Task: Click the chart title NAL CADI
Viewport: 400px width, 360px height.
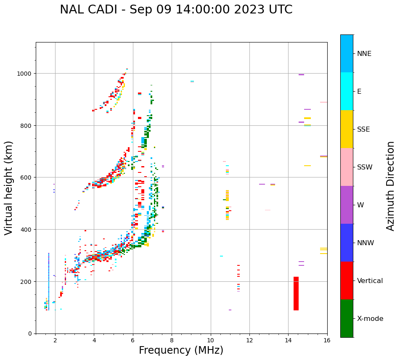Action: pyautogui.click(x=176, y=10)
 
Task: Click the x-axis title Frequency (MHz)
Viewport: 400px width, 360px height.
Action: pyautogui.click(x=181, y=350)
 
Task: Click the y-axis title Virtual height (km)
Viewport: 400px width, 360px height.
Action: pyautogui.click(x=9, y=188)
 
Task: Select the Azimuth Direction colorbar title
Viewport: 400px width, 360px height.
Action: pyautogui.click(x=391, y=186)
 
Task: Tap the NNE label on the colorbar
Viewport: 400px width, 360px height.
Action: pyautogui.click(x=364, y=53)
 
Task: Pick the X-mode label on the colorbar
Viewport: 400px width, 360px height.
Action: pyautogui.click(x=370, y=319)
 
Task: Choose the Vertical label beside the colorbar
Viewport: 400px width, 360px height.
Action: pyautogui.click(x=370, y=281)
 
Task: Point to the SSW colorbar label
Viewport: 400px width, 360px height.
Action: pyautogui.click(x=365, y=167)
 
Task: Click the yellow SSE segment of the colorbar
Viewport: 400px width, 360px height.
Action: pyautogui.click(x=347, y=129)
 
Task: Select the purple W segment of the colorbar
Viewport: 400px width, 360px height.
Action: pyautogui.click(x=347, y=205)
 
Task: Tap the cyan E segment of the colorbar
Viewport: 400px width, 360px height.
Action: pyautogui.click(x=347, y=91)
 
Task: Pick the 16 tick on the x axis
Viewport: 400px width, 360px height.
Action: pyautogui.click(x=327, y=341)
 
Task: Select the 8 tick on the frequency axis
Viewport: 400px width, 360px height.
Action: pyautogui.click(x=172, y=341)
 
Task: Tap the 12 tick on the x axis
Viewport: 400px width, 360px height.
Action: pyautogui.click(x=249, y=341)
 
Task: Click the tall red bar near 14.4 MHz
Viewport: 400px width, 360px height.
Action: pyautogui.click(x=296, y=294)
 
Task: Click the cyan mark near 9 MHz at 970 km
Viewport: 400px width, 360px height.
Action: pyautogui.click(x=192, y=81)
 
